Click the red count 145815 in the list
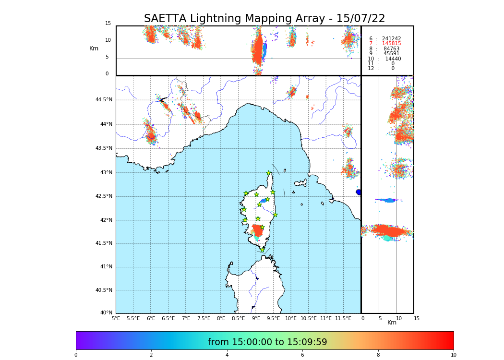click(391, 44)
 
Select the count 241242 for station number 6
click(391, 39)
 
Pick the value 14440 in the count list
click(393, 59)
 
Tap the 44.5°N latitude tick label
click(104, 100)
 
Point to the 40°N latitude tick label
click(106, 313)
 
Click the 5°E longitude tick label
click(116, 318)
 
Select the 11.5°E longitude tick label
click(343, 318)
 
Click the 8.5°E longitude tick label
click(238, 318)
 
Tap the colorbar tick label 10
click(453, 355)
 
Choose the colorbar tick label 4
click(227, 355)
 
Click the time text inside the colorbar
click(267, 342)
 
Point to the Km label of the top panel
click(94, 48)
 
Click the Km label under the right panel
click(392, 323)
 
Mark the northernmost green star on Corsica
click(269, 173)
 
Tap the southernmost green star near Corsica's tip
click(262, 250)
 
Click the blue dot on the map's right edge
click(359, 192)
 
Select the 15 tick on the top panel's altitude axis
click(108, 24)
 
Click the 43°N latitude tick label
click(106, 172)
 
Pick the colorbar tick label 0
click(76, 355)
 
